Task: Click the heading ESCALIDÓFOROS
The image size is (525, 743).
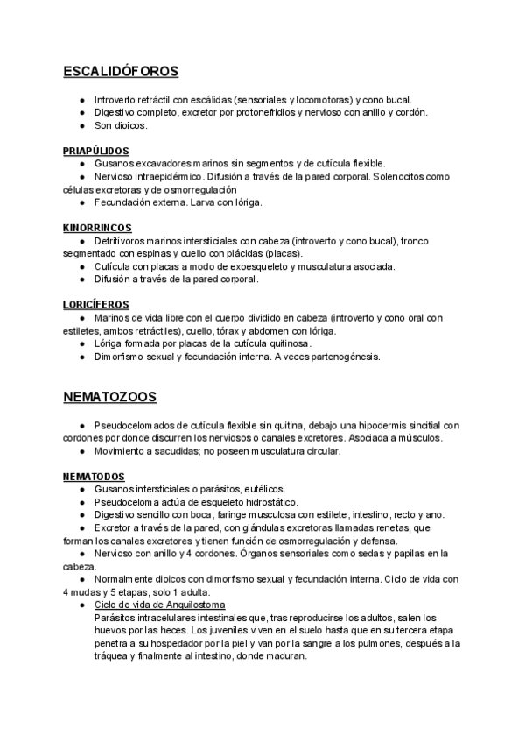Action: tap(121, 71)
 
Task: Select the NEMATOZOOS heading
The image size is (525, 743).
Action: tap(109, 397)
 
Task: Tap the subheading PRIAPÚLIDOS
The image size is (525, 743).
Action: tap(96, 151)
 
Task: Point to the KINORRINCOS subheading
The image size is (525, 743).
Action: tap(96, 228)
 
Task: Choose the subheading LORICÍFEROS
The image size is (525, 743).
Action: tap(95, 305)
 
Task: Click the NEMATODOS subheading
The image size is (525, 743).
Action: tap(94, 476)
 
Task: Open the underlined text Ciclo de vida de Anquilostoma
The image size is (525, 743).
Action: tap(159, 605)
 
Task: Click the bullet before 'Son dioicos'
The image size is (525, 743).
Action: tap(81, 125)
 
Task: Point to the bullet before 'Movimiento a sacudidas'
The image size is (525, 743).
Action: tap(81, 451)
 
